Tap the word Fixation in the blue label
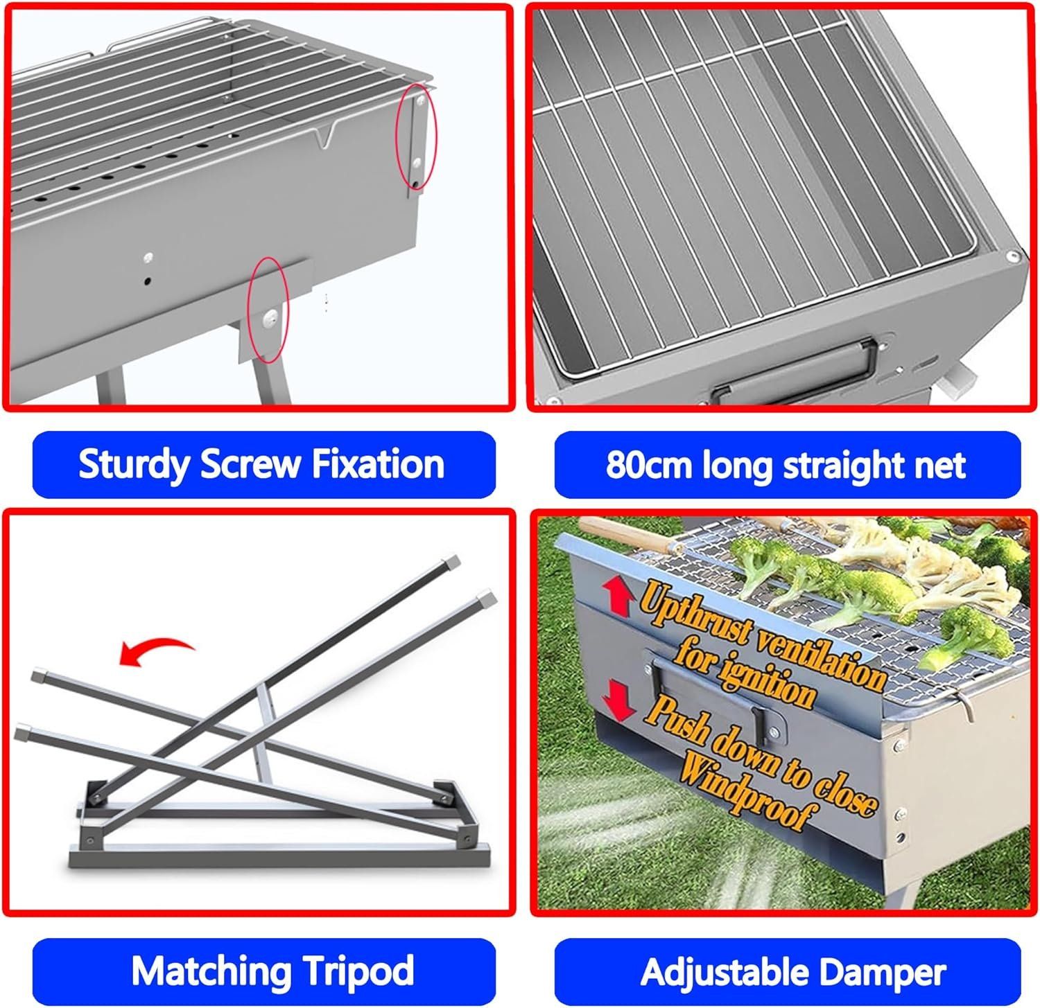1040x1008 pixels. (378, 463)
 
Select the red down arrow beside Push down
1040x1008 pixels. (618, 698)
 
